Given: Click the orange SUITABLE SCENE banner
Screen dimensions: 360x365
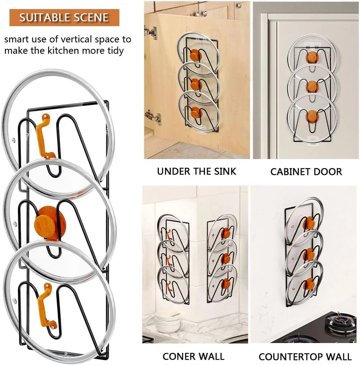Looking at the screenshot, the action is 64,17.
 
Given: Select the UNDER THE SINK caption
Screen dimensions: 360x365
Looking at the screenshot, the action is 196,172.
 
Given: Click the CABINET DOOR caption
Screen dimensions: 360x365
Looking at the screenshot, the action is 306,172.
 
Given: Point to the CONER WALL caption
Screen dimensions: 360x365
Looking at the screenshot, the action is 193,356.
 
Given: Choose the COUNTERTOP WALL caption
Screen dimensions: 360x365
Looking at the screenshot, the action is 305,357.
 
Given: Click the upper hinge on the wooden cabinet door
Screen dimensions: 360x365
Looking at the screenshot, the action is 150,33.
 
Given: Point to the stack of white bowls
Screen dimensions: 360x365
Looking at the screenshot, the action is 167,322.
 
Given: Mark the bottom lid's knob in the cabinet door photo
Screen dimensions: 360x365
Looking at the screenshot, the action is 312,117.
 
